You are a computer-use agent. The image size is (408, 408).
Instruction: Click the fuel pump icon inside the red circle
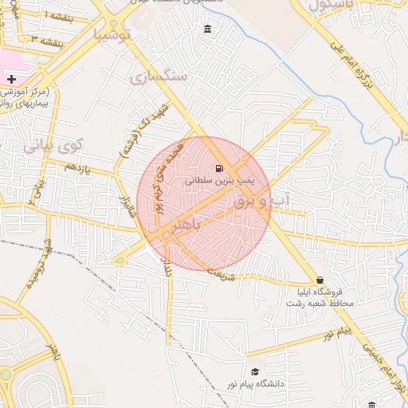[x=218, y=168]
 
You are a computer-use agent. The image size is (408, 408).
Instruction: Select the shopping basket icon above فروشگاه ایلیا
[x=320, y=280]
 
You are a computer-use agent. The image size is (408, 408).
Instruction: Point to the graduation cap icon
[x=255, y=371]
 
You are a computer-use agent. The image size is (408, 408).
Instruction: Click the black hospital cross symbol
[x=11, y=79]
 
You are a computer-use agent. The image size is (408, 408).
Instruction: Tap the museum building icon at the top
[x=208, y=29]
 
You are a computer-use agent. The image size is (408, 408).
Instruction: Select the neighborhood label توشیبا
[x=110, y=34]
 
